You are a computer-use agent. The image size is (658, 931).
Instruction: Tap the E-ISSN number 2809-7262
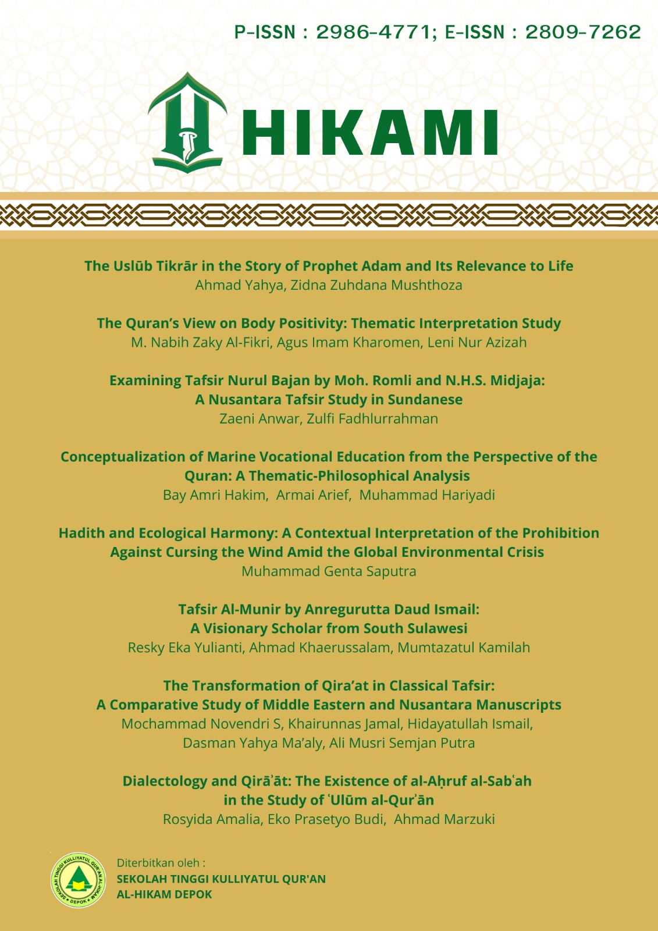(583, 32)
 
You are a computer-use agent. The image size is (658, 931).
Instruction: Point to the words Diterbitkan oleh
(161, 862)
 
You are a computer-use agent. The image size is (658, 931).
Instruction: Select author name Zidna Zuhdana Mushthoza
(376, 285)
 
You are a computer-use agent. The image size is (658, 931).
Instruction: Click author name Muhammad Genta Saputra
(329, 571)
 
